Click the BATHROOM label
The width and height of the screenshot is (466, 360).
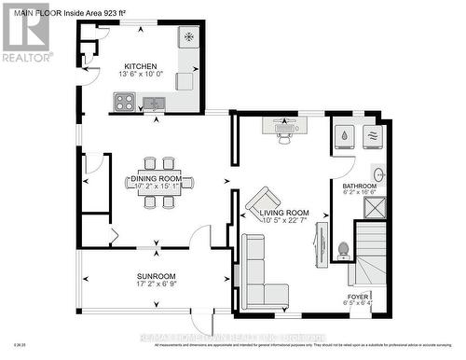point(360,187)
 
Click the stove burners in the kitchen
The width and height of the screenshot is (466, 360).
point(124,103)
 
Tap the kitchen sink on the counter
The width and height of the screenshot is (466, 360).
point(155,103)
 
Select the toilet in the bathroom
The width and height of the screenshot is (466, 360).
point(342,249)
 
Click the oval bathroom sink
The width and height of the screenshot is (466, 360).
point(379,173)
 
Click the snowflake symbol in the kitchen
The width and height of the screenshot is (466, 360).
point(188,37)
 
